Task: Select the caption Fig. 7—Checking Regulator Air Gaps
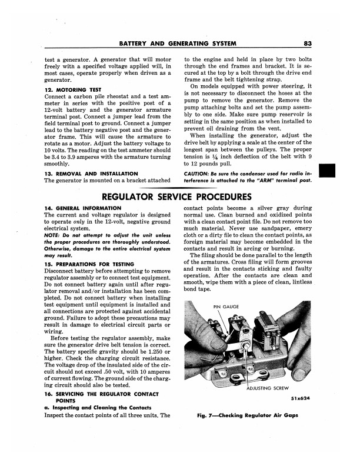(x=247, y=416)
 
